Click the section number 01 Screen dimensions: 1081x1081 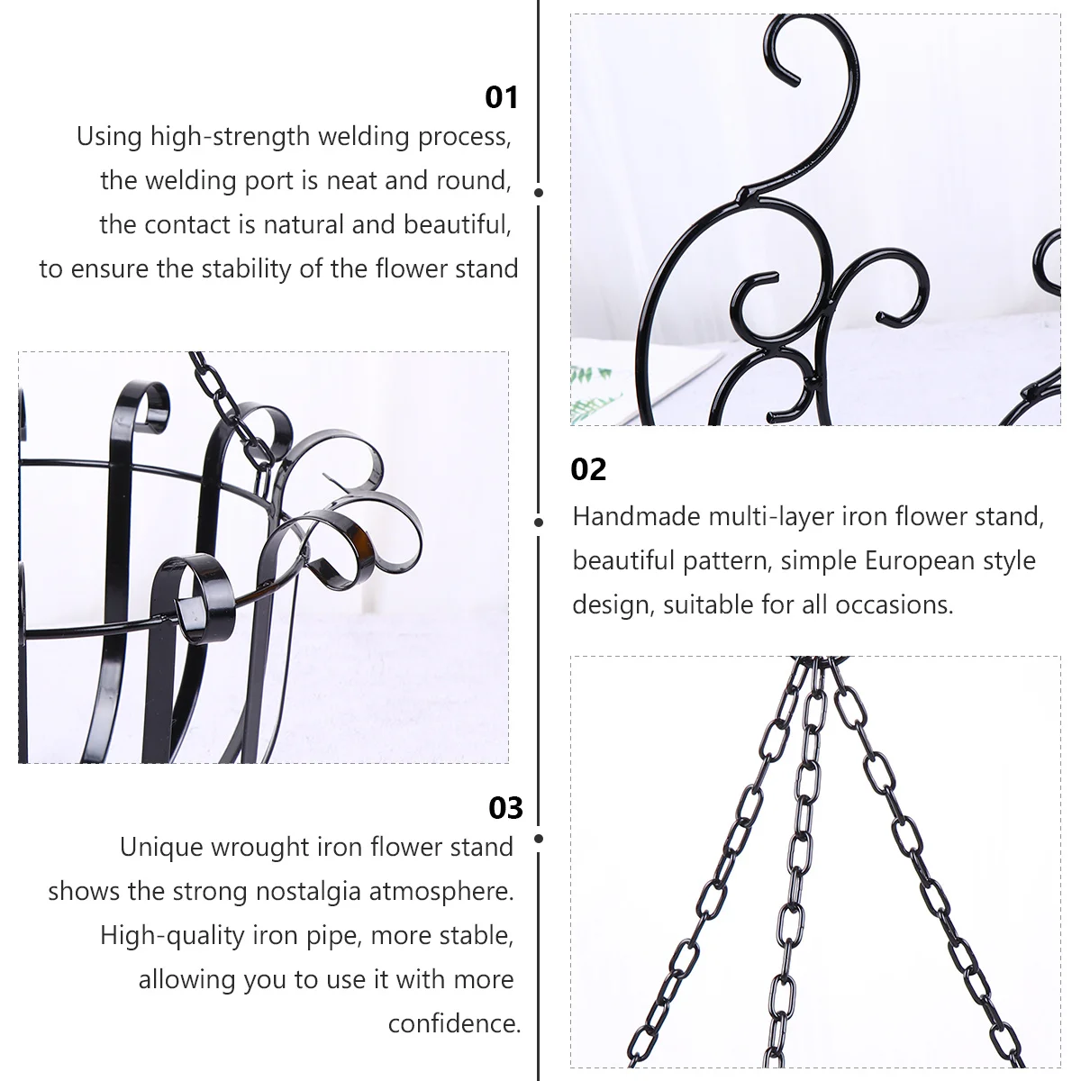coord(502,96)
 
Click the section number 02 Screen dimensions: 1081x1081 coord(589,469)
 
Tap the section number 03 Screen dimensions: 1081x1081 coord(505,808)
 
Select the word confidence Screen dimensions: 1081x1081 coord(454,1023)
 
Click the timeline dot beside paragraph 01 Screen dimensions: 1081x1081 coord(538,192)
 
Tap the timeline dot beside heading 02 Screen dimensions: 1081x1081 coord(538,522)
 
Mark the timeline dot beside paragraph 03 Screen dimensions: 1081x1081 coord(538,839)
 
